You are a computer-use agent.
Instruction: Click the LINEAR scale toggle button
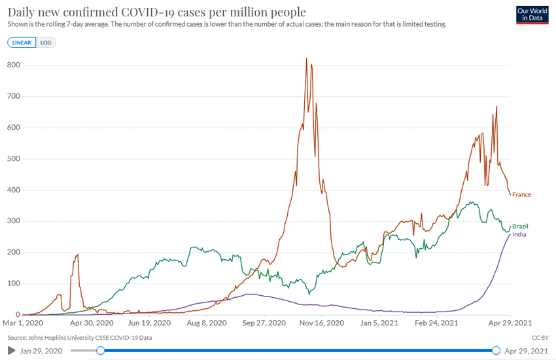22,43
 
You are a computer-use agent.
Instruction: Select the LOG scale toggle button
46,43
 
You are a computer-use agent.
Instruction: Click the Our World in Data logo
532,15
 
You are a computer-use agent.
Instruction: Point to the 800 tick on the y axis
13,65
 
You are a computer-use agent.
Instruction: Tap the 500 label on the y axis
13,159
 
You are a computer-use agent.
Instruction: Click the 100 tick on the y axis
13,283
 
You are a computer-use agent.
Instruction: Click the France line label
521,195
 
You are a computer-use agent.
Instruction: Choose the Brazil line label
520,226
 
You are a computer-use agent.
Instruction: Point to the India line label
519,234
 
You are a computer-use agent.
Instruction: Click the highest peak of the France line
307,59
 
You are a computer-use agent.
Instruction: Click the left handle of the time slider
100,351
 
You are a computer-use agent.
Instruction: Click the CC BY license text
540,338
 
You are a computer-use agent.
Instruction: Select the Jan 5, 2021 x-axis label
379,323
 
